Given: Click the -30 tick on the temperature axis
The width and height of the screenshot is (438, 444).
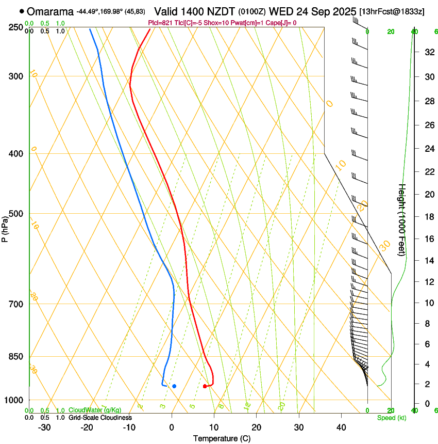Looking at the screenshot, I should click(44, 427).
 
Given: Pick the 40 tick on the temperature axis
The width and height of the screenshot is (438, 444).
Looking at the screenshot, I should click(341, 427).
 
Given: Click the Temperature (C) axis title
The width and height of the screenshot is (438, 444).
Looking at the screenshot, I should click(221, 438).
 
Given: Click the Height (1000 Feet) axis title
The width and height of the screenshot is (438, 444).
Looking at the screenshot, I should click(402, 219).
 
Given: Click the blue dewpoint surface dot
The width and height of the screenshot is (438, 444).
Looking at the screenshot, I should click(174, 386).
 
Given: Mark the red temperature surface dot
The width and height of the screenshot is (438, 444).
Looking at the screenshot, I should click(205, 386).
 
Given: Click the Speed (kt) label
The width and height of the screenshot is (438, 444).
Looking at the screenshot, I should click(391, 418).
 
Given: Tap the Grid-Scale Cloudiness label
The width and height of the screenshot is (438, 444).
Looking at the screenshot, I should click(100, 418).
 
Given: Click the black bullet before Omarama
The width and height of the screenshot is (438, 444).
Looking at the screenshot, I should click(21, 11).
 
